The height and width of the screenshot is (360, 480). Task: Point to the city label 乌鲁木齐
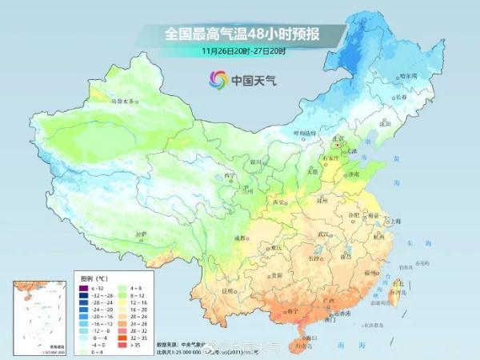124,102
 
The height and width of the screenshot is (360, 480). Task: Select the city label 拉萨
142,234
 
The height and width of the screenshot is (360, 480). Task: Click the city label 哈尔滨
407,76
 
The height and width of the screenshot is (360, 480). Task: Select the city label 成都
242,238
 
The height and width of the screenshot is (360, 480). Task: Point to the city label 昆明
230,290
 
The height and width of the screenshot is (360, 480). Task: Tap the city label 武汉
324,233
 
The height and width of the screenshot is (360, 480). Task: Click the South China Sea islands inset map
37,316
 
